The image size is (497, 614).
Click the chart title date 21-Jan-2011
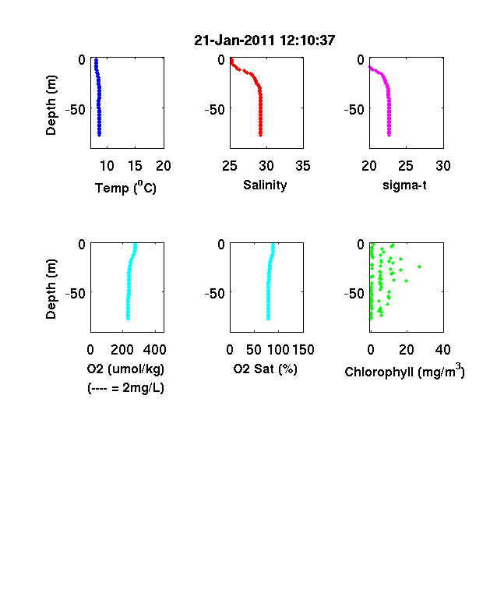point(234,41)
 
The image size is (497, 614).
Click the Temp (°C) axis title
point(125,188)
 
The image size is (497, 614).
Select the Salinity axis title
point(265,185)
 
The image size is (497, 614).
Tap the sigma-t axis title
point(404,185)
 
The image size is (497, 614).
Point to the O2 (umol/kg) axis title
point(125,369)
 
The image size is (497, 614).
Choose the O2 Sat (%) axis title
point(266,369)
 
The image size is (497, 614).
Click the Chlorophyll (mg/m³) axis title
point(404,370)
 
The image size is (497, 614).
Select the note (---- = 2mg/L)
point(125,388)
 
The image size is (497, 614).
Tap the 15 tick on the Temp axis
point(135,166)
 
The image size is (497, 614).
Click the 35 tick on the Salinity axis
point(303,166)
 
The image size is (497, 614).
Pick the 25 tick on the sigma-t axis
point(406,166)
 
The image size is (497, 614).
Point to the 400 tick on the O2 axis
point(154,350)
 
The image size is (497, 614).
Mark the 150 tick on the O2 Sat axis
point(303,350)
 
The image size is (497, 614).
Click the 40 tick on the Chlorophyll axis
point(442,350)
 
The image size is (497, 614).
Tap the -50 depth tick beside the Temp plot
point(75,110)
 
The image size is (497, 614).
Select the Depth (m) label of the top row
point(51,105)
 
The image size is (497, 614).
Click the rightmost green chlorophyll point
point(420,266)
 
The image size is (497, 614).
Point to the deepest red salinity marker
point(260,135)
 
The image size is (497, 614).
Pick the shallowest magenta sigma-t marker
point(369,67)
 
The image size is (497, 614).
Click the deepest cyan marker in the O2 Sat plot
point(268,319)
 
